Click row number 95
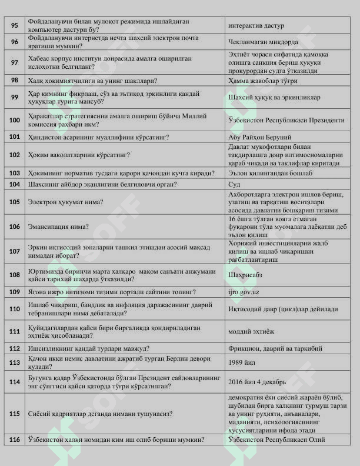[x=14, y=26]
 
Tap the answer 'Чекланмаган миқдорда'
[x=263, y=42]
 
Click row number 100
[x=14, y=120]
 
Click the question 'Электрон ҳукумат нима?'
[x=65, y=202]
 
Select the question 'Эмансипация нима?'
[x=58, y=227]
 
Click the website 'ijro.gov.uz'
[x=243, y=292]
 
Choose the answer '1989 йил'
[x=242, y=363]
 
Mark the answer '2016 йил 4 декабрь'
[x=257, y=382]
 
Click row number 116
[x=14, y=440]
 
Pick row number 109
[x=14, y=292]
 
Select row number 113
[x=14, y=363]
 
